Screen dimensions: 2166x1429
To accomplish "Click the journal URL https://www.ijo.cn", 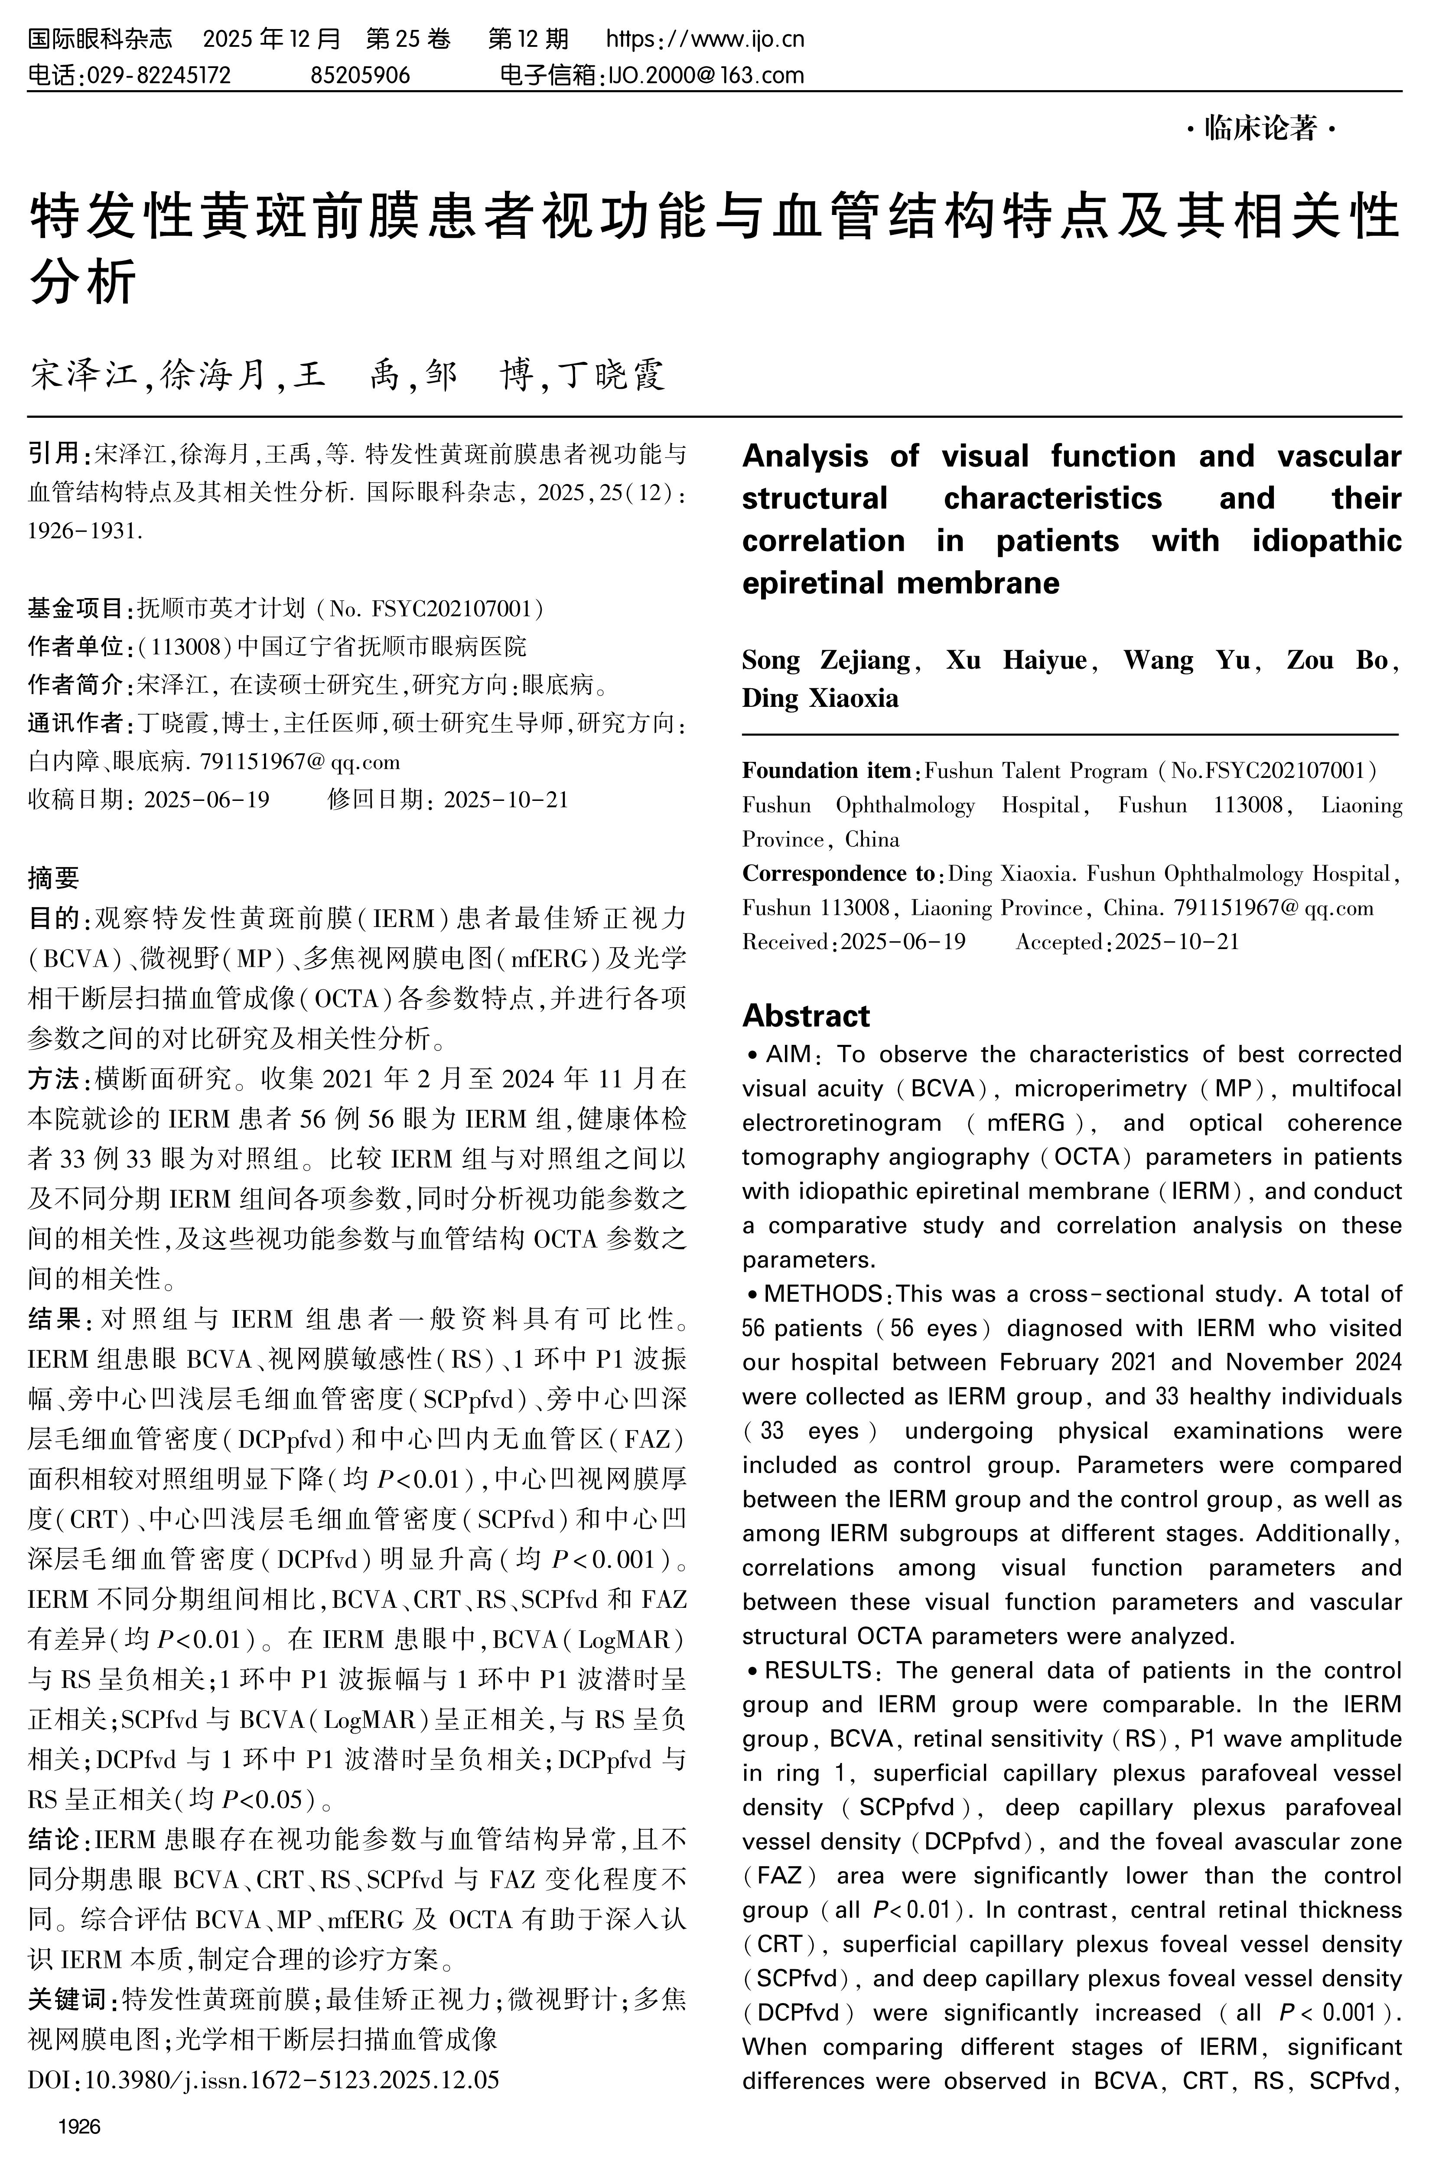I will pyautogui.click(x=705, y=39).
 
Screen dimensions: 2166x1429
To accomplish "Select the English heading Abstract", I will pyautogui.click(x=806, y=1015).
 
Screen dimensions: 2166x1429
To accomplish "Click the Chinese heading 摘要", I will pyautogui.click(x=54, y=878).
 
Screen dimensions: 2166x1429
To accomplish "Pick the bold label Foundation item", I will pyautogui.click(x=826, y=771).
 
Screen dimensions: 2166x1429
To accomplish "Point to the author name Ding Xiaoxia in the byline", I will pyautogui.click(x=820, y=699).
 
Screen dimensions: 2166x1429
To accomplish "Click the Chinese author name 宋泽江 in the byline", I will pyautogui.click(x=82, y=374).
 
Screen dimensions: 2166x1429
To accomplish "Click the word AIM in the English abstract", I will pyautogui.click(x=789, y=1054).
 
